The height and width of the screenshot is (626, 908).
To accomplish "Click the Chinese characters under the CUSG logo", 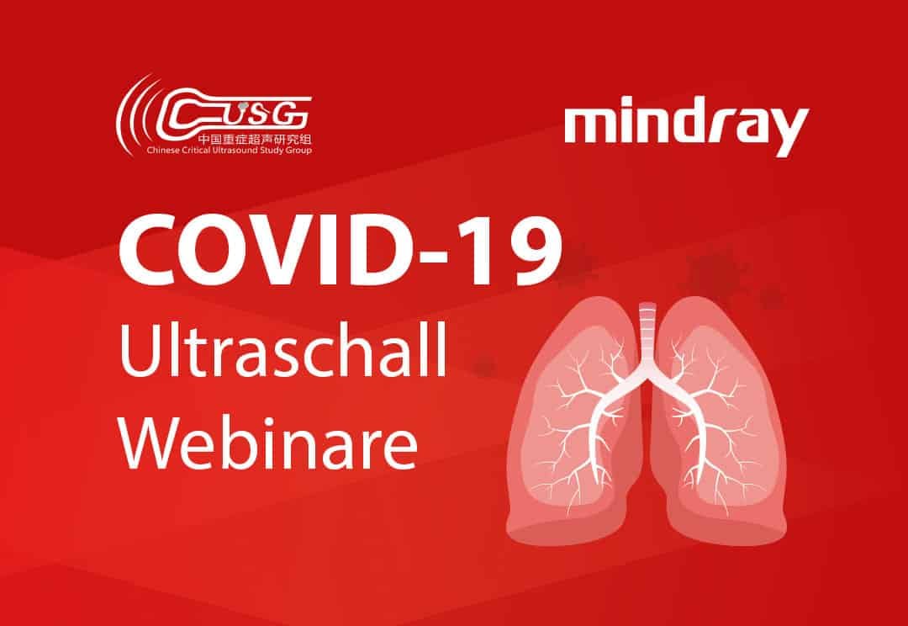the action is tap(254, 140).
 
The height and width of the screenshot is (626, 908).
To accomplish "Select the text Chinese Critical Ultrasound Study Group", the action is tap(229, 151).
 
